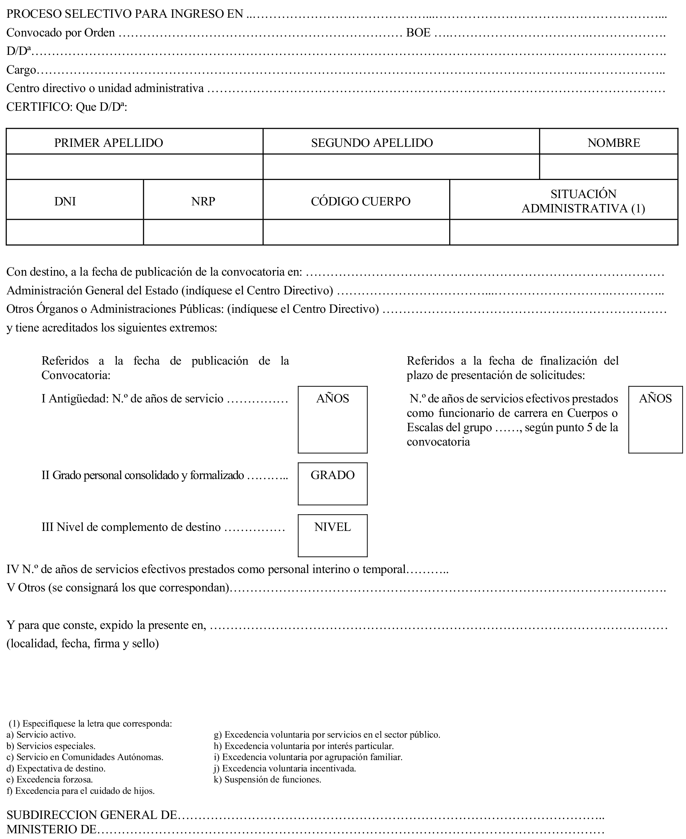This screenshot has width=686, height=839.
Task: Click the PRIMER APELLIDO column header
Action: pyautogui.click(x=108, y=143)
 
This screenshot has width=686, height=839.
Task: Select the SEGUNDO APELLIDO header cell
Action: pyautogui.click(x=372, y=143)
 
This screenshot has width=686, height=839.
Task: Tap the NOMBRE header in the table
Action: pyautogui.click(x=613, y=143)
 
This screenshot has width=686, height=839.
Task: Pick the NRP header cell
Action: pyautogui.click(x=203, y=201)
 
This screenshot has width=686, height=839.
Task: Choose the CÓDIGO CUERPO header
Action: pyautogui.click(x=360, y=201)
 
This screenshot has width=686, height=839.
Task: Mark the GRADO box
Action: pyautogui.click(x=332, y=484)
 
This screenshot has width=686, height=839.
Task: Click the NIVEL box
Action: pyautogui.click(x=332, y=536)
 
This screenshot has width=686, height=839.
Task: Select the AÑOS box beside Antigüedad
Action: pyautogui.click(x=332, y=419)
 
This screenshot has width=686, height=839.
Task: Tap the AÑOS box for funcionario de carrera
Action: pyautogui.click(x=655, y=419)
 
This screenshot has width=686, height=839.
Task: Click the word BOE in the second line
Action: pyautogui.click(x=418, y=32)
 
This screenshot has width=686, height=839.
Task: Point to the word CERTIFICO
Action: pyautogui.click(x=38, y=107)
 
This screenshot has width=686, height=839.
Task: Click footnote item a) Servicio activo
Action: pyautogui.click(x=41, y=746)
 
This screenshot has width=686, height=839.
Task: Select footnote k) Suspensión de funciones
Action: pyautogui.click(x=267, y=790)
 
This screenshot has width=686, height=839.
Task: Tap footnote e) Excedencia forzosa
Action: pyautogui.click(x=50, y=790)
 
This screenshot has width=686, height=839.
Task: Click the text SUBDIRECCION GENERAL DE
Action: pyautogui.click(x=92, y=815)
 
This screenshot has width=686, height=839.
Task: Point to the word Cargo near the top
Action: pyautogui.click(x=21, y=70)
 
